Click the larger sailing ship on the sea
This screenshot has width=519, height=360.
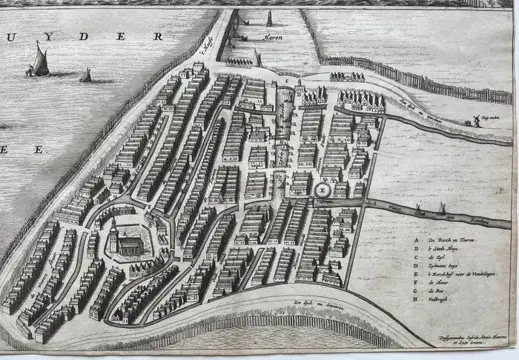coord(40,59)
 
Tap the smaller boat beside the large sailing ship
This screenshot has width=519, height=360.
coord(86,75)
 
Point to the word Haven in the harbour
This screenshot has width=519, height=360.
coord(271,37)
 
